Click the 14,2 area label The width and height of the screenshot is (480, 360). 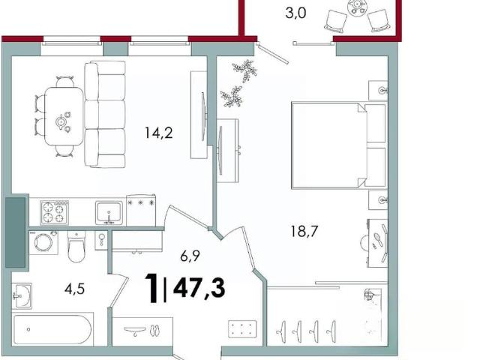tap(159, 133)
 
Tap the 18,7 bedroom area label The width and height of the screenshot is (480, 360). tap(304, 231)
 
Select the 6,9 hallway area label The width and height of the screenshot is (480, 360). tap(190, 256)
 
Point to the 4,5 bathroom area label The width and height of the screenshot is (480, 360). tap(74, 288)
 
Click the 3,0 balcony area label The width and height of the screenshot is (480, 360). tap(295, 13)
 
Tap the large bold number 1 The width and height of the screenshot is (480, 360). tap(151, 288)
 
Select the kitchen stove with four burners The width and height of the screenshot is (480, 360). tap(54, 212)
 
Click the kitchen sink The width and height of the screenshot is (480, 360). tap(109, 212)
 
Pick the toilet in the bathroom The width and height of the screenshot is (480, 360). tap(76, 247)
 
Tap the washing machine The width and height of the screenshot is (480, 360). tap(43, 243)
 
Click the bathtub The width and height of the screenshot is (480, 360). tap(52, 329)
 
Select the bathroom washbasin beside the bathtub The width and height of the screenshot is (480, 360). tap(22, 295)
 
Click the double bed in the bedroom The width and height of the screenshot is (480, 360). tap(339, 145)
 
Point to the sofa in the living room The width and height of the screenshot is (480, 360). tap(105, 114)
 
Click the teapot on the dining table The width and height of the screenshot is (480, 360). tap(61, 122)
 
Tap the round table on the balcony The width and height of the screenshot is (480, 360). tap(357, 6)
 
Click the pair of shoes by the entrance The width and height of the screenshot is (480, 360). tap(156, 330)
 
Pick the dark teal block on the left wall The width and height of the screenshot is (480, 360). tap(15, 232)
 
